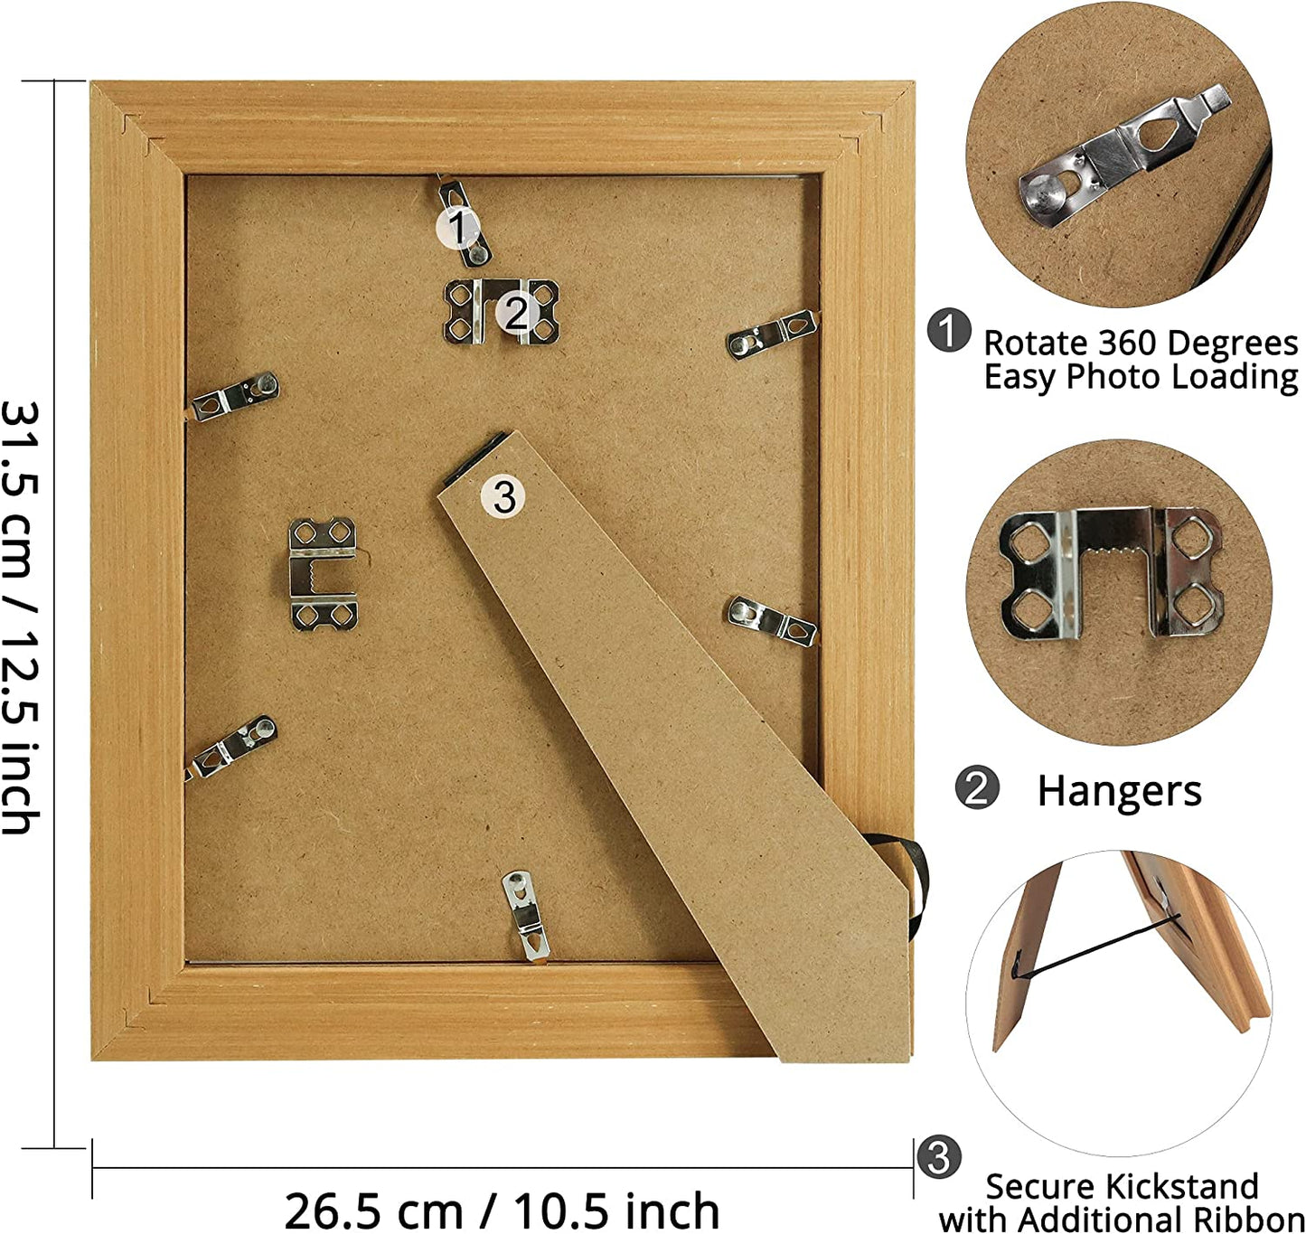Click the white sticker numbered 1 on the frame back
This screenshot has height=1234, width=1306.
coord(457,228)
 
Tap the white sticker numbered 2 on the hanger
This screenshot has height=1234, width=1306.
coord(517,313)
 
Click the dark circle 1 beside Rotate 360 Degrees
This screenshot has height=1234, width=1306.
coord(948,333)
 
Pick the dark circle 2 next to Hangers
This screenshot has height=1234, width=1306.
coord(976,789)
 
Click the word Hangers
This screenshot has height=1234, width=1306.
coord(1119,791)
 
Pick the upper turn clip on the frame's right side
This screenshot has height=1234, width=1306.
coord(774,334)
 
